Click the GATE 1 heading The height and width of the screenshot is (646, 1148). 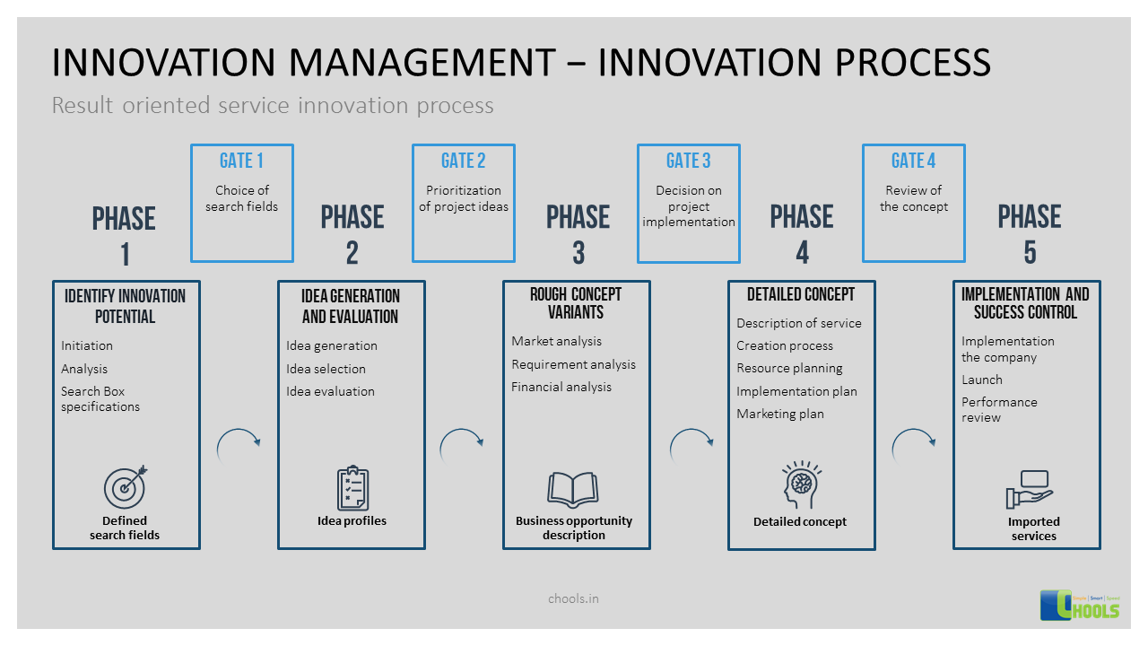241,161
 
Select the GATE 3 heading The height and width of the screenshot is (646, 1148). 688,161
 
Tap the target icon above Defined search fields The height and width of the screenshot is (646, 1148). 125,488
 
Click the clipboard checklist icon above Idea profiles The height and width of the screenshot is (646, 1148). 352,489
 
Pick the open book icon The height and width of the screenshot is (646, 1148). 573,490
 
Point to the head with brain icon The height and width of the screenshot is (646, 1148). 800,486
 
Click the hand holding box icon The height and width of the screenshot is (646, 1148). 1030,490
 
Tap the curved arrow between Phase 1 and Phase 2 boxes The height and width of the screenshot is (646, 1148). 239,445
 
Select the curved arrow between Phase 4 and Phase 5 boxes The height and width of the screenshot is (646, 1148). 914,445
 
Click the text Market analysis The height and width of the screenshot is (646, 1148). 556,342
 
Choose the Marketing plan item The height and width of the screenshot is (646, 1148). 780,414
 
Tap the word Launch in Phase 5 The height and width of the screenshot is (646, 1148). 982,380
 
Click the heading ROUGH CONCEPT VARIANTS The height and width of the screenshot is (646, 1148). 576,303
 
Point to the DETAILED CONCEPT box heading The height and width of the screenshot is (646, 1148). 801,294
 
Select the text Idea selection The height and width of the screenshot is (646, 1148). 326,369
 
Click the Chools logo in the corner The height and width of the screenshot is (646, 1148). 1080,605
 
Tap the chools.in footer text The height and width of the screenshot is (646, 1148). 573,598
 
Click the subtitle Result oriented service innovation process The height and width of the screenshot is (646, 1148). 273,106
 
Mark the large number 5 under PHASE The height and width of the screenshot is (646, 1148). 1030,253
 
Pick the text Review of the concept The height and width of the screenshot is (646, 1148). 913,198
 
